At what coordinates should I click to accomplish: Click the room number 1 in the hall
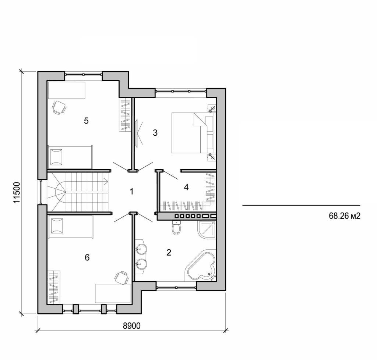tap(131, 191)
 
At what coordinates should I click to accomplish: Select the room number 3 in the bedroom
tap(155, 133)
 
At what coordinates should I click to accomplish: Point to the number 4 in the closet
tap(186, 187)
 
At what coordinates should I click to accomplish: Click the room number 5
tap(86, 121)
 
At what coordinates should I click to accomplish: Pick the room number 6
tap(87, 257)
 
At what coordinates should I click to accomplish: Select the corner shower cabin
tap(207, 229)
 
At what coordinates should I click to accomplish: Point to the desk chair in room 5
tap(59, 107)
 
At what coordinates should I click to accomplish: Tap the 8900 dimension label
tap(131, 325)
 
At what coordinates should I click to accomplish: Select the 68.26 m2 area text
tap(344, 216)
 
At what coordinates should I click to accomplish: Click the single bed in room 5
tap(70, 157)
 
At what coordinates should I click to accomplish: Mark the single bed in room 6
tap(70, 226)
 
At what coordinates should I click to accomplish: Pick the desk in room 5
tap(67, 90)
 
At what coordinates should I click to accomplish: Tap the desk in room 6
tap(113, 293)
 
